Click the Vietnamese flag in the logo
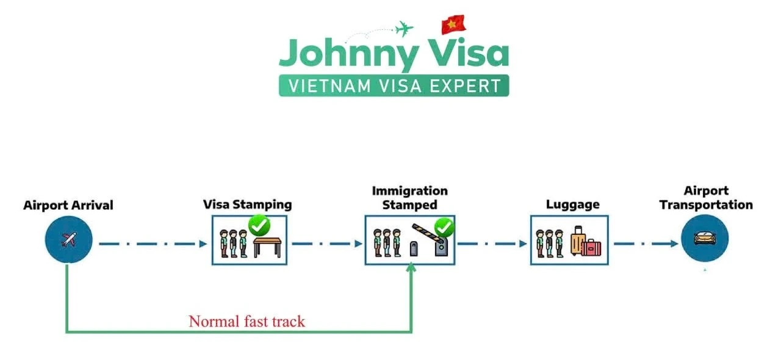tap(453, 24)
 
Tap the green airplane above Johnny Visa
tap(404, 28)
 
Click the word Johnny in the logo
tap(348, 54)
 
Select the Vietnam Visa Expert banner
tap(394, 85)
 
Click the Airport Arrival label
tap(68, 205)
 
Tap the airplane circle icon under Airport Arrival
tap(69, 239)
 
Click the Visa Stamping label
tap(248, 204)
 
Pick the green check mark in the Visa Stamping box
tap(259, 226)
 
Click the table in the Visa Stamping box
tap(267, 247)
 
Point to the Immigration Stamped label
tap(409, 198)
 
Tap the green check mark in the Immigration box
tap(444, 228)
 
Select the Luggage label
tap(572, 204)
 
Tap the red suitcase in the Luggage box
tap(591, 247)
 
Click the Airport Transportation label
tap(706, 198)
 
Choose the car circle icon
tap(705, 238)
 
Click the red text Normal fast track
tap(247, 322)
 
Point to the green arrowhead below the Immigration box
tap(411, 267)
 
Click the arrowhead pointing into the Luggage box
tap(523, 243)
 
